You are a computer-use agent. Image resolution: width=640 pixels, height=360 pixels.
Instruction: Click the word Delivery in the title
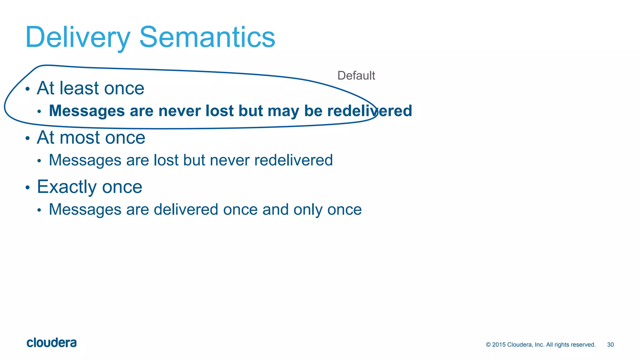(77, 37)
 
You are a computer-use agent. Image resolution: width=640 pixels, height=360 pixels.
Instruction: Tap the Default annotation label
(356, 76)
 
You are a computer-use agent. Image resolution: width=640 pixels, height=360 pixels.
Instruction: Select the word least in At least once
(79, 88)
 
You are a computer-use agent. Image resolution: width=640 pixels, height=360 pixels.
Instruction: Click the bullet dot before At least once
(27, 89)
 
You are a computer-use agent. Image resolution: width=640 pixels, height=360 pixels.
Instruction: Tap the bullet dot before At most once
(27, 138)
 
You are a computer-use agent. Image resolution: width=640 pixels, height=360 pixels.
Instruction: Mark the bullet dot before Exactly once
(27, 187)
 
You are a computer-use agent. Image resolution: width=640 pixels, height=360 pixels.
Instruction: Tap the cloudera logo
(52, 343)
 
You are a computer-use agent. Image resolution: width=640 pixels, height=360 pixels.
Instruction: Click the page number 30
(610, 345)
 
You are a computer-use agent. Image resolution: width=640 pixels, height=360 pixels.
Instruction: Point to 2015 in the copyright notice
(499, 345)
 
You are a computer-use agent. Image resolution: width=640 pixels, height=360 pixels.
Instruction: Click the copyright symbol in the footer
(488, 345)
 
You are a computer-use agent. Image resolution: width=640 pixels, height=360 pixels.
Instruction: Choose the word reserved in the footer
(584, 345)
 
